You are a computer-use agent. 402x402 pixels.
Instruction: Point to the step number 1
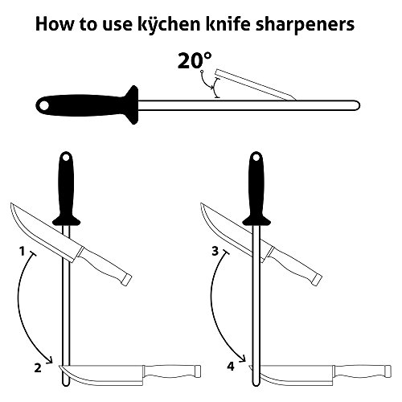click(x=22, y=252)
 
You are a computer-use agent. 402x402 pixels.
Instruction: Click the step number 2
click(x=38, y=369)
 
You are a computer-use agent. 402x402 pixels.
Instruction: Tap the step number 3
click(x=215, y=252)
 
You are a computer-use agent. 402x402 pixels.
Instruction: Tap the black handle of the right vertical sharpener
click(x=257, y=187)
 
